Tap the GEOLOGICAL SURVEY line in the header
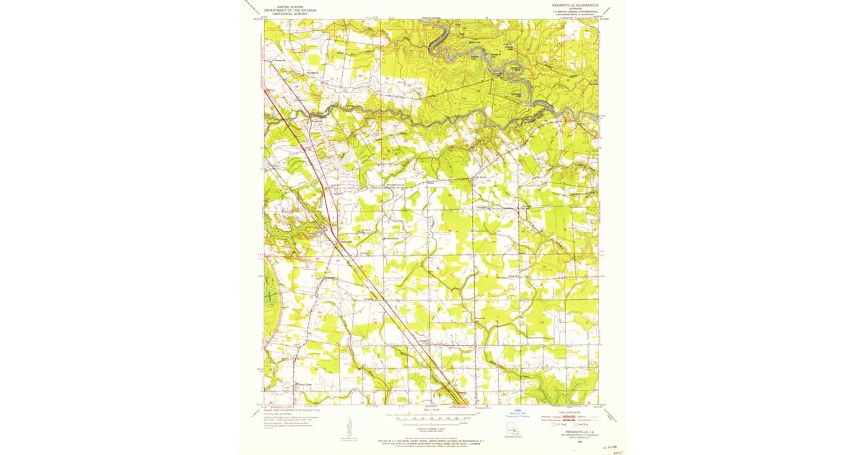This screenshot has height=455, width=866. click(x=281, y=13)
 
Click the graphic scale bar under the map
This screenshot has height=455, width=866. click(x=431, y=417)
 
